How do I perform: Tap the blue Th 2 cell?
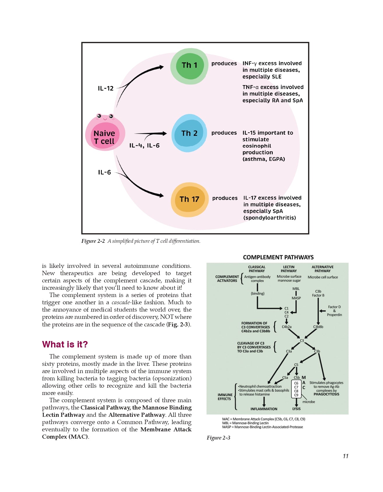189,133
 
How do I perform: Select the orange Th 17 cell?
189,200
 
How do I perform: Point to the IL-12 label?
106,88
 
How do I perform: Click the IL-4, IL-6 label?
144,145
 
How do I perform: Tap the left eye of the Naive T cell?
99,116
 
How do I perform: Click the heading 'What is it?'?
65,344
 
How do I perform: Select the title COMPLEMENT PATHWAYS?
278,257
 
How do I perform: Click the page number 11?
346,456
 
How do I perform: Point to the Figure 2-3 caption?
218,438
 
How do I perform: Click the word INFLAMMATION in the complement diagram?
264,409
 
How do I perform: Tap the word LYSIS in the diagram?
296,409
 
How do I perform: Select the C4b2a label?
286,327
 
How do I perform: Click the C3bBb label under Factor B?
318,327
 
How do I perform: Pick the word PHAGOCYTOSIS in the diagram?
326,394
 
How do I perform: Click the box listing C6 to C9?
296,389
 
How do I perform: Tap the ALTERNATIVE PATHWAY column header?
323,269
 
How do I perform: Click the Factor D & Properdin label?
334,311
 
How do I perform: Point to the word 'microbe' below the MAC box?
309,402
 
